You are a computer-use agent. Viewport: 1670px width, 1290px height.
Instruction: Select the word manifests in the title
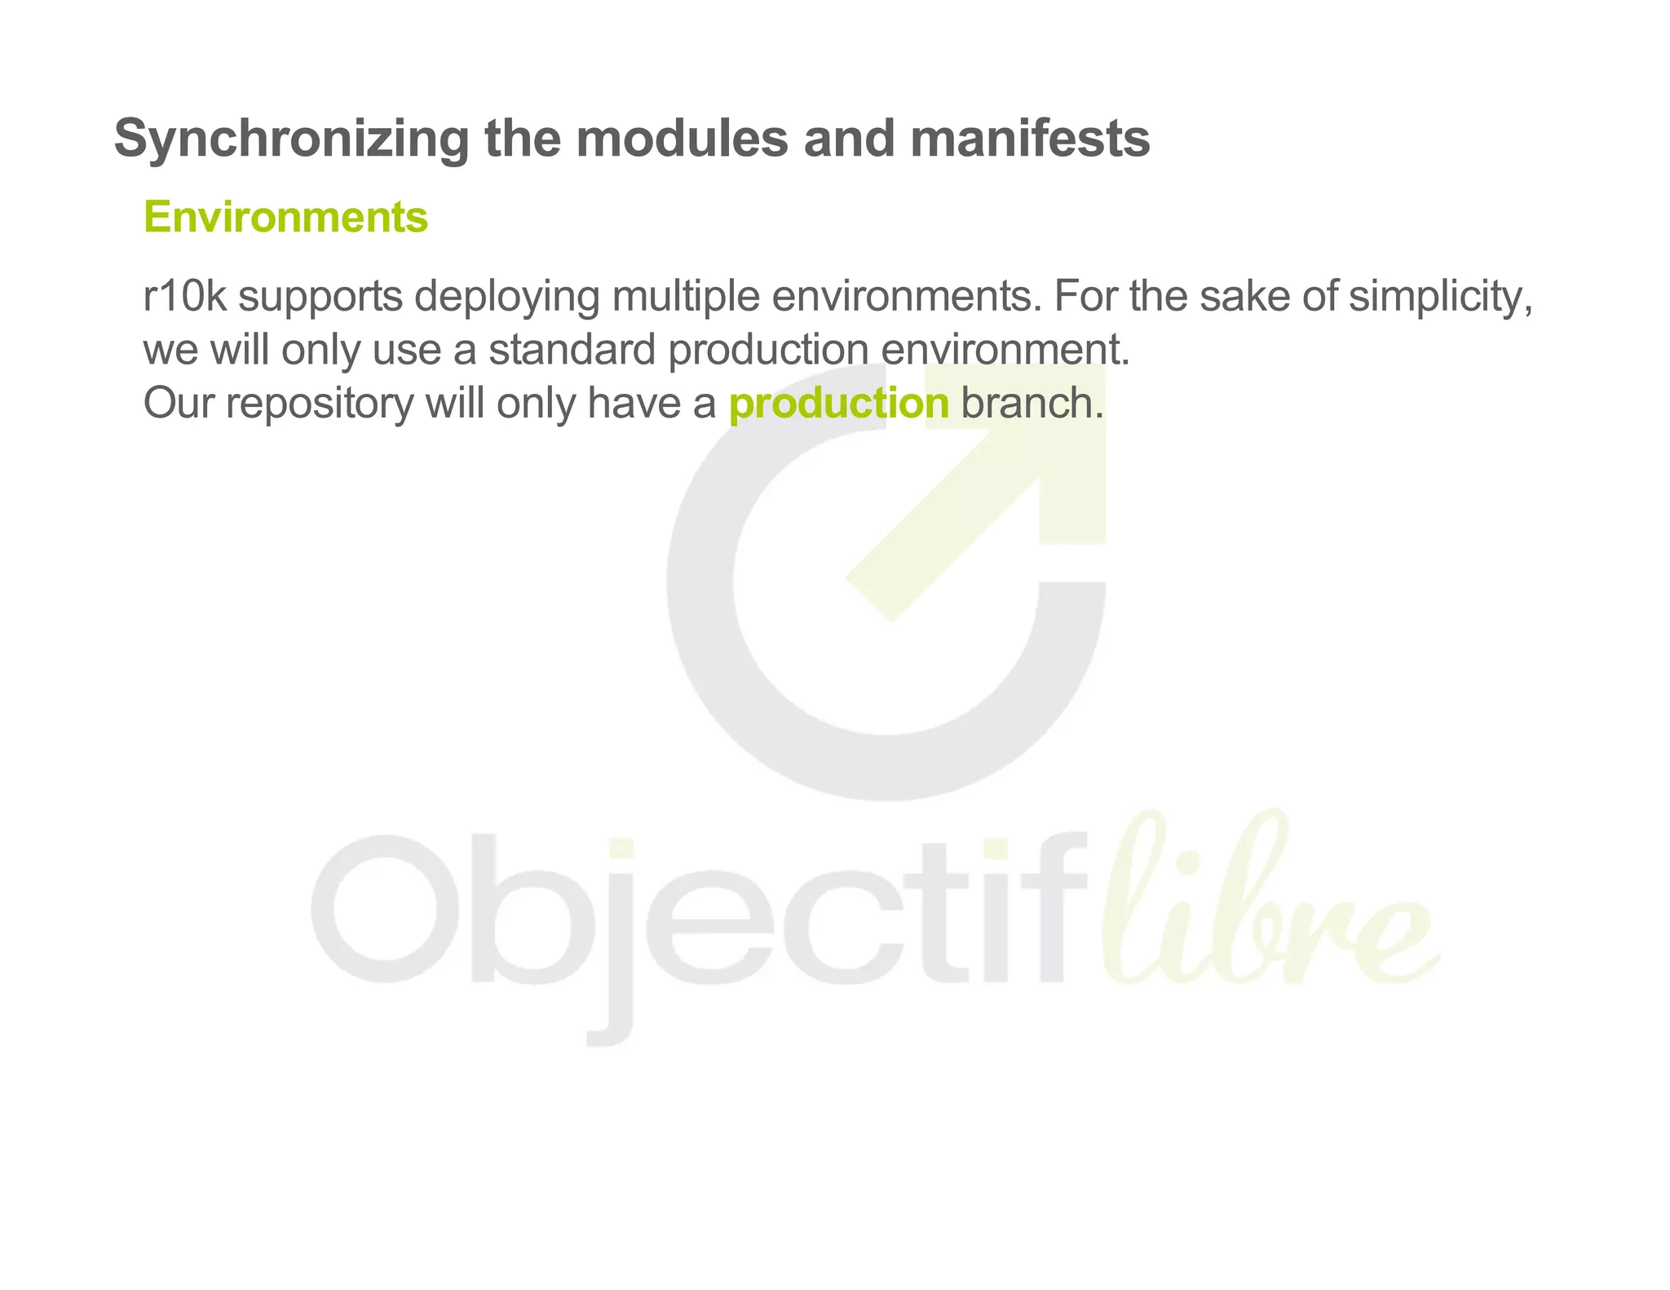pyautogui.click(x=1030, y=139)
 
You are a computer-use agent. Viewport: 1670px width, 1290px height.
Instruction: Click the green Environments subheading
pyautogui.click(x=285, y=217)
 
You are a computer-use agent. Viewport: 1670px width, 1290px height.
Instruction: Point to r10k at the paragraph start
pyautogui.click(x=184, y=296)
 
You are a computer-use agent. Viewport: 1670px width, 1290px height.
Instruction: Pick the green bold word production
pyautogui.click(x=839, y=403)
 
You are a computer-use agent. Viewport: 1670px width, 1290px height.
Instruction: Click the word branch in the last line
pyautogui.click(x=1032, y=403)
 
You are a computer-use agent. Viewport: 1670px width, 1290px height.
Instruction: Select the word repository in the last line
pyautogui.click(x=320, y=403)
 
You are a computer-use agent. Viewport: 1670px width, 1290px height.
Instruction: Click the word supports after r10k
pyautogui.click(x=320, y=296)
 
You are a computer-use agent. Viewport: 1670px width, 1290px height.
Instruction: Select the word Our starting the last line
pyautogui.click(x=178, y=403)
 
